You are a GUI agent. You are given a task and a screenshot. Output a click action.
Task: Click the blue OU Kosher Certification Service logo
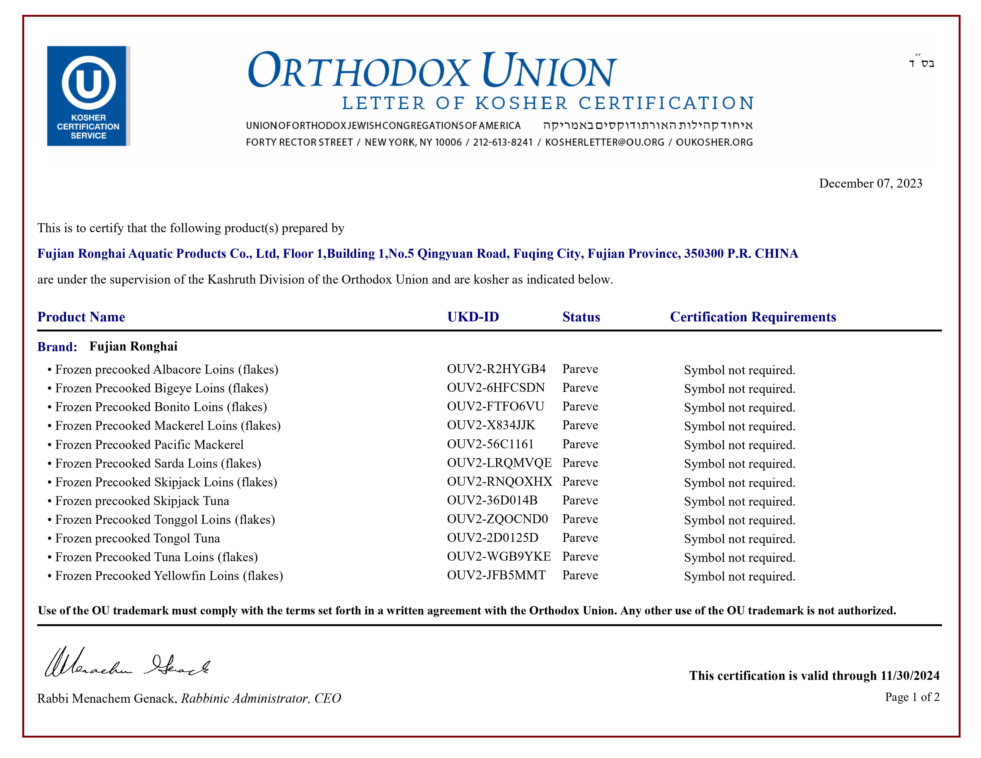click(89, 96)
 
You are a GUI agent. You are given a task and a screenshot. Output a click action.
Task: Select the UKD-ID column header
click(473, 317)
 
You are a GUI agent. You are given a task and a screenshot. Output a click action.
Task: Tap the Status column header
click(581, 317)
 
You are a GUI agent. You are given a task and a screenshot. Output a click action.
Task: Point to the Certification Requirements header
click(753, 317)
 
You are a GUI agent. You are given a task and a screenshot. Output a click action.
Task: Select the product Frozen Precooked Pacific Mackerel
click(149, 445)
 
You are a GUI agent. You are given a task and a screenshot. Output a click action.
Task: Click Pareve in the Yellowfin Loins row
click(580, 575)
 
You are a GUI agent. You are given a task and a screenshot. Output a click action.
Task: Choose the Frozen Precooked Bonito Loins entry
click(161, 407)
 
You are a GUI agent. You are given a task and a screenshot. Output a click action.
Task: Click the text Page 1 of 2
click(912, 697)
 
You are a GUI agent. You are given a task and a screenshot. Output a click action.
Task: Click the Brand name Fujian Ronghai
click(133, 346)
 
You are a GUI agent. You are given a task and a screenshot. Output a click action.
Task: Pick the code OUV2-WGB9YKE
click(499, 556)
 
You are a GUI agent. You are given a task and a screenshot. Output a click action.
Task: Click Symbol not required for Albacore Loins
click(739, 370)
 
